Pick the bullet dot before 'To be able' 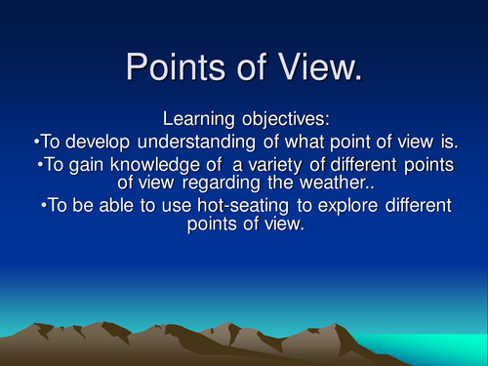45,206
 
